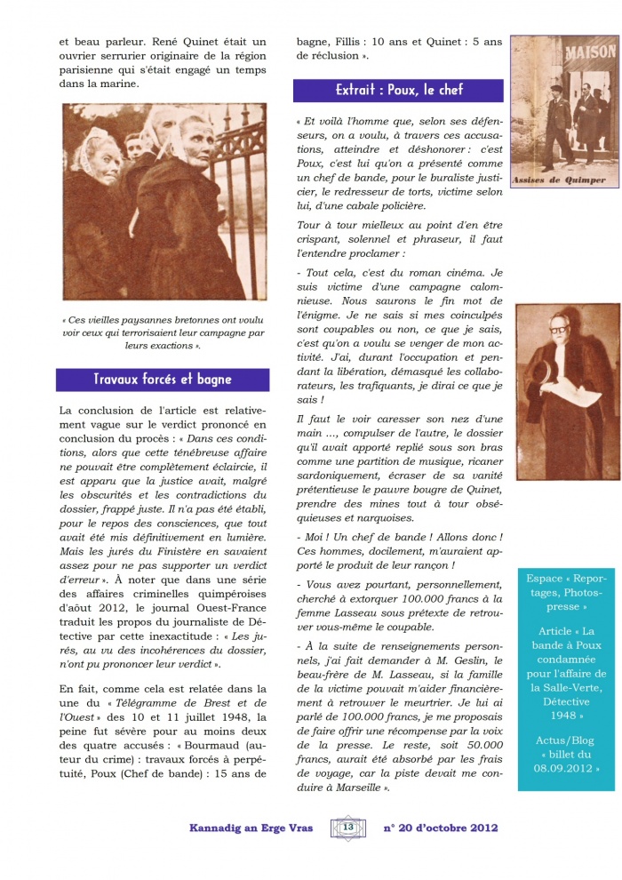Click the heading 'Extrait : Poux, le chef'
click(399, 90)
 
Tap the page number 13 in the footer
click(347, 828)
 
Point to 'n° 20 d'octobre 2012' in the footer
click(441, 828)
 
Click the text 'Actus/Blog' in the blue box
click(569, 740)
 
